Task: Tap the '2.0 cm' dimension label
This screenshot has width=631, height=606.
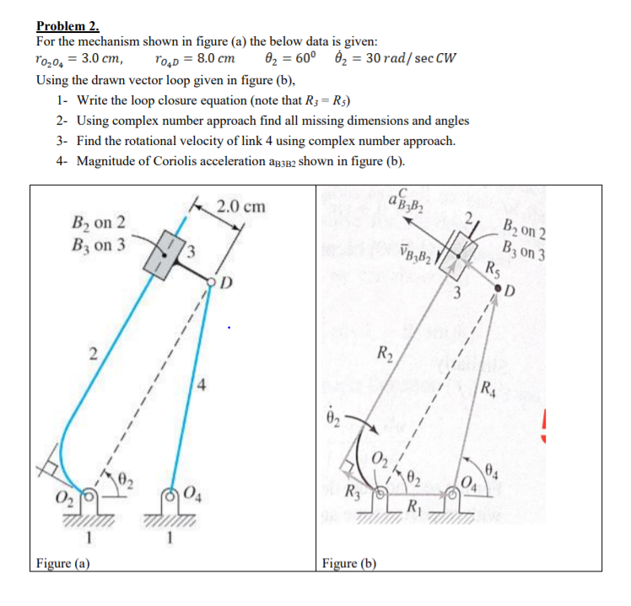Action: [x=240, y=206]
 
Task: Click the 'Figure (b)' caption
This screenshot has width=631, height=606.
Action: [x=349, y=563]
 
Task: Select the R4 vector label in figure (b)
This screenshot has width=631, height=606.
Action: [x=488, y=389]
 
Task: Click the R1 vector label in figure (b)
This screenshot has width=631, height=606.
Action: [x=414, y=507]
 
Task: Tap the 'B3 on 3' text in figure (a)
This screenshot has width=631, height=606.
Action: [x=100, y=244]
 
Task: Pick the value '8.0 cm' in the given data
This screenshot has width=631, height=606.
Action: [x=212, y=60]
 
